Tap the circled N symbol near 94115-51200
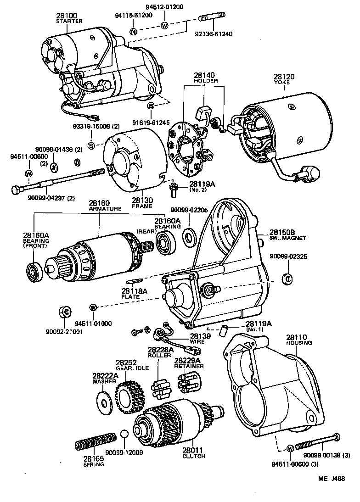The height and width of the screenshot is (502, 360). coord(133,32)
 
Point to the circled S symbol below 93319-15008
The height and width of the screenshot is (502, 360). coord(91,145)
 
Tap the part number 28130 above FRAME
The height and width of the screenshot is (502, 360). coord(142,200)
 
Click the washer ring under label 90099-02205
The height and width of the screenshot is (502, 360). coord(188,239)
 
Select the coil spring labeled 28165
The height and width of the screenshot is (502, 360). coord(96,442)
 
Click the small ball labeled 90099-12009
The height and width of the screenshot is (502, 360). coord(124,435)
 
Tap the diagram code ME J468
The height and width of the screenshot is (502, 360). coord(332,491)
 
